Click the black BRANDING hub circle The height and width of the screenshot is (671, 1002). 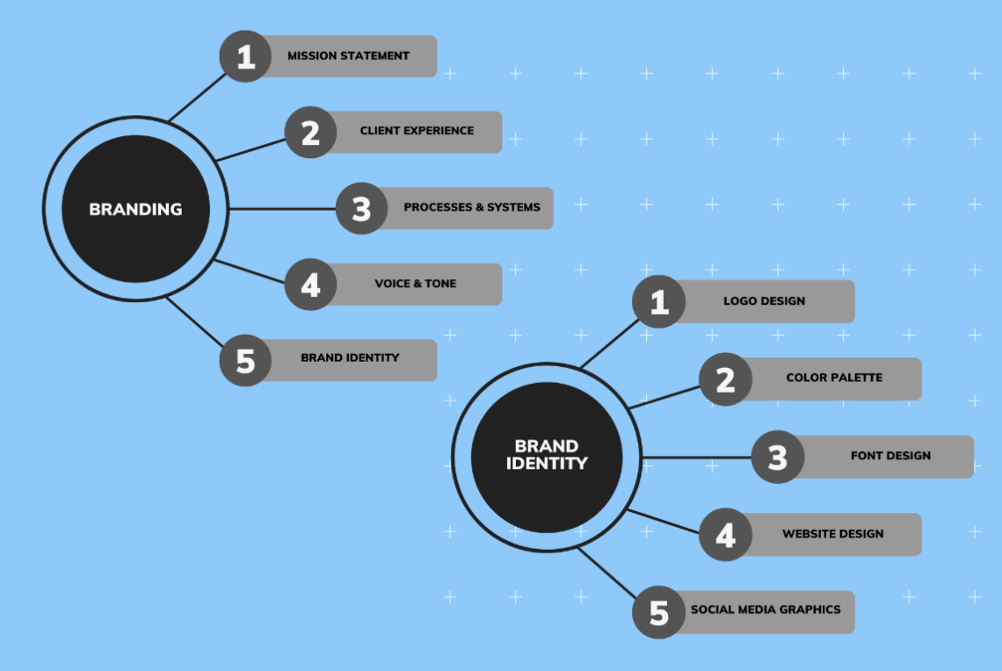[135, 209]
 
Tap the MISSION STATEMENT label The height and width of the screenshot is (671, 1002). [348, 55]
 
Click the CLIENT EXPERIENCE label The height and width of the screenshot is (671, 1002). [417, 131]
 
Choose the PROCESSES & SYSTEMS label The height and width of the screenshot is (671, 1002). [472, 207]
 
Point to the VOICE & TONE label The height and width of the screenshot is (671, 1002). [416, 284]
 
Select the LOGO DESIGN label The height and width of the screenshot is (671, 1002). [764, 301]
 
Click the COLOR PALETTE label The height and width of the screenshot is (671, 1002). [834, 378]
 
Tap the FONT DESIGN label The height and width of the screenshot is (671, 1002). [890, 456]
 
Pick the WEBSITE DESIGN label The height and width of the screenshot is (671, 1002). [832, 534]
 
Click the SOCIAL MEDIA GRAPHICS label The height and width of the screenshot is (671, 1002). [766, 610]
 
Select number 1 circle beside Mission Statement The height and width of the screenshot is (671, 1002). [245, 56]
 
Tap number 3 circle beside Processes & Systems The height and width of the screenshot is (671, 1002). [362, 209]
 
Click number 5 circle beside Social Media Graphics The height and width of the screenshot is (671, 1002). [659, 612]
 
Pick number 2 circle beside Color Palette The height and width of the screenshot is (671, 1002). [725, 379]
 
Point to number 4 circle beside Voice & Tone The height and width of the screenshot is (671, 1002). [310, 285]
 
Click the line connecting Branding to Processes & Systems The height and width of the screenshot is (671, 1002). [281, 209]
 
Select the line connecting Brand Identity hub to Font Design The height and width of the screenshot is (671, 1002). [694, 458]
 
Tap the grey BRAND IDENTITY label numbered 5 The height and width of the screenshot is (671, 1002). [350, 358]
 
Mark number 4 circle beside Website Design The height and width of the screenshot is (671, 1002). [725, 535]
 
